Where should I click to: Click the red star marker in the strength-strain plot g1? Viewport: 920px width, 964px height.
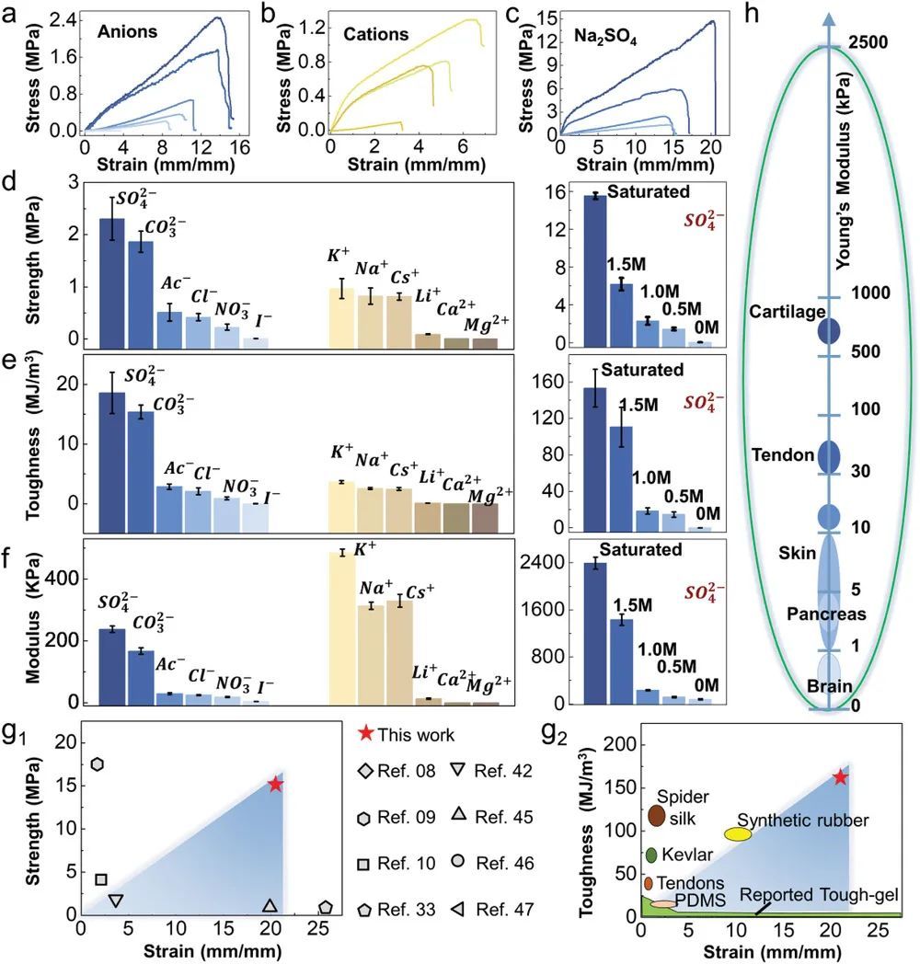276,784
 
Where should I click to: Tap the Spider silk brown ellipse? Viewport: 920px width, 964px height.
657,815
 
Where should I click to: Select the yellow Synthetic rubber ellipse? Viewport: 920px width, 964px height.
738,834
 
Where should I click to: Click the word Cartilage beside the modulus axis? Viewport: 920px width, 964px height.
788,312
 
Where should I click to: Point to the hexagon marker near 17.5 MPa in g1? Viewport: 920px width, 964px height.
97,764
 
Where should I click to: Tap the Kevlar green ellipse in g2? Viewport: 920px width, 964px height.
651,855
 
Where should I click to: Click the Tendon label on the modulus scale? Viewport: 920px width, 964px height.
783,453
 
